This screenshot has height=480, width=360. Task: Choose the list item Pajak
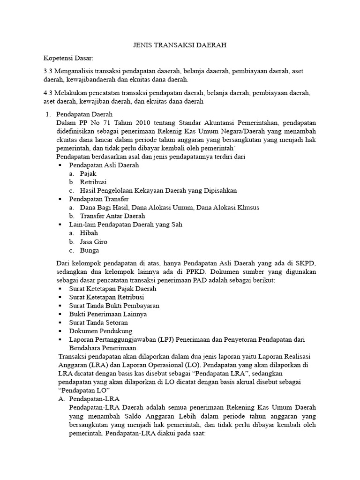coord(88,173)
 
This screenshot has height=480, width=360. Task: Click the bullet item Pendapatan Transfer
coord(98,199)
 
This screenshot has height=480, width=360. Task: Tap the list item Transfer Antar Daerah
coord(112,216)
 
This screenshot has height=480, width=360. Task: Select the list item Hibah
coord(89,233)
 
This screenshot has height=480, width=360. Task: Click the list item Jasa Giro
coord(94,241)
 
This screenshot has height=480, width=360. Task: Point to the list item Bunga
coord(90,250)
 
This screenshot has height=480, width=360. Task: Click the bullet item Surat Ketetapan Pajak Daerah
coord(112,289)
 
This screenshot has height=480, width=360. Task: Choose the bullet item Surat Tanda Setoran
coord(98,322)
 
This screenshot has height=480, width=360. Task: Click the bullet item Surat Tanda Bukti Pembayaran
coord(114,306)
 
